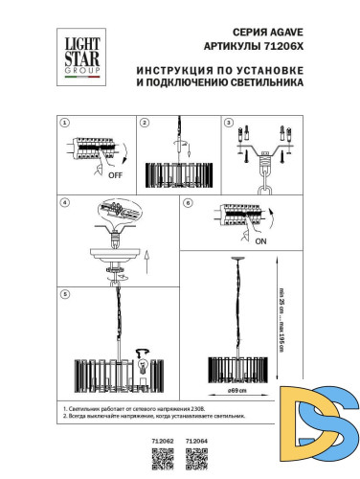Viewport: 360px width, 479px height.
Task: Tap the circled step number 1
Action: pos(64,125)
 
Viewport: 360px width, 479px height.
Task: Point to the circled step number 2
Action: pos(143,125)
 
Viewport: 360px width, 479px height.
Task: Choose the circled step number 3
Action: pos(229,125)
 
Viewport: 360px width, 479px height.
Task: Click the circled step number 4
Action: pos(64,204)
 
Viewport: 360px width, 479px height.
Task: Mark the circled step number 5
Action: pos(64,293)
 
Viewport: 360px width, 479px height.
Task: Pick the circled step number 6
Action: pos(189,204)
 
